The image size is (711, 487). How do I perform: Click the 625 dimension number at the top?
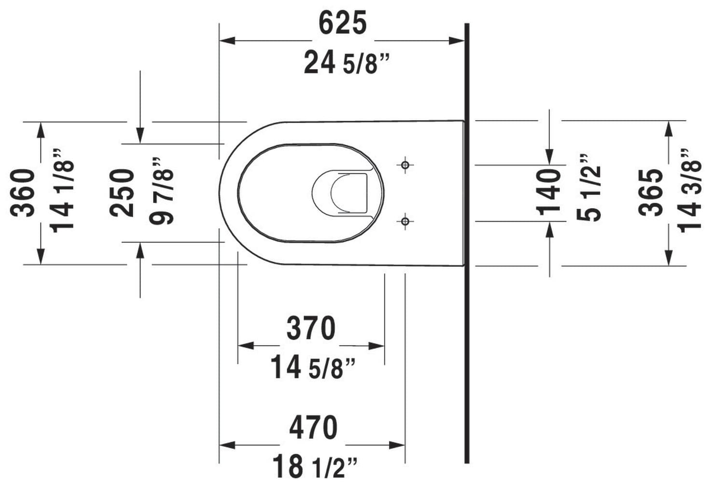click(x=343, y=23)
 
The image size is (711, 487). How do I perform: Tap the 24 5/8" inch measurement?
click(x=347, y=63)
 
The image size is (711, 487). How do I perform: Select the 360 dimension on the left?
click(x=23, y=193)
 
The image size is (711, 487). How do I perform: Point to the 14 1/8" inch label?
click(x=62, y=191)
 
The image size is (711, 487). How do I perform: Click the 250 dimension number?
click(x=122, y=193)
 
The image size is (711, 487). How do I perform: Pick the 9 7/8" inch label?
click(x=161, y=191)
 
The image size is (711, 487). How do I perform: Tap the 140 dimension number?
click(x=548, y=193)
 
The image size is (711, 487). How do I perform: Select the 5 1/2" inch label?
click(x=589, y=187)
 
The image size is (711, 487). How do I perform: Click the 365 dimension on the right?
click(x=651, y=193)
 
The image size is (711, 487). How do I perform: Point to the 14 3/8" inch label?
click(x=689, y=191)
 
